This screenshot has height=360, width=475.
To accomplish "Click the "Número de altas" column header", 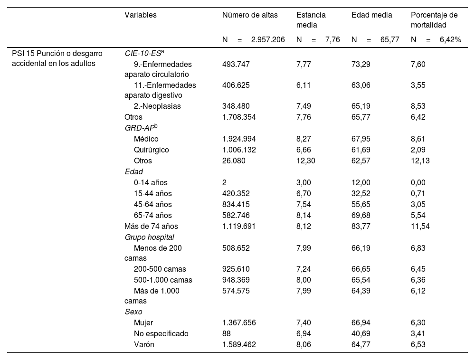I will tap(250, 15).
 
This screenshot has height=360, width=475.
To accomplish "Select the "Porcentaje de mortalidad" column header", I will tap(434, 19).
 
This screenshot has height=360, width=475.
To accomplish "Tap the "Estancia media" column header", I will tap(311, 19).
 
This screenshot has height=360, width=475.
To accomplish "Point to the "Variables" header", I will tap(141, 15).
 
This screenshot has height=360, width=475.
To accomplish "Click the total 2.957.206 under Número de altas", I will tap(268, 40).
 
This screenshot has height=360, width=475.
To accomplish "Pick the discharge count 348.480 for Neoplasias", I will tap(236, 106).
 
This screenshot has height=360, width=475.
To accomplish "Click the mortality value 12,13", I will tap(420, 161).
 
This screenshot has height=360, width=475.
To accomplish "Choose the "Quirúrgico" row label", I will tap(151, 150).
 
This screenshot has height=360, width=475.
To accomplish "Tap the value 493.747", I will tap(236, 64).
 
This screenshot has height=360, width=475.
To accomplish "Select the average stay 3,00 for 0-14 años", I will tap(304, 182).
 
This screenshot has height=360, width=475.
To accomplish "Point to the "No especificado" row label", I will tap(161, 333).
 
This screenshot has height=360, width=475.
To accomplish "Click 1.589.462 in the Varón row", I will tap(239, 344).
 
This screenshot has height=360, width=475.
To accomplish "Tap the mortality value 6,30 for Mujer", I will tap(418, 322).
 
